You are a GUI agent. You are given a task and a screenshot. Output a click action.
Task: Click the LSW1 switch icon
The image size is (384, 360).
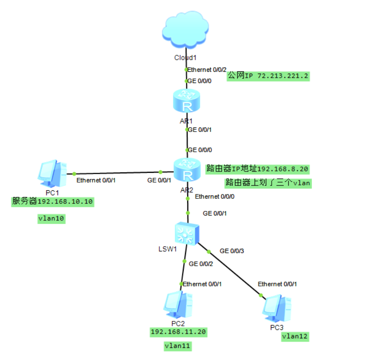click(x=186, y=233)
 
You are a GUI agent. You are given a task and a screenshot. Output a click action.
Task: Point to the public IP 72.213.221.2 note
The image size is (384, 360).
click(x=268, y=75)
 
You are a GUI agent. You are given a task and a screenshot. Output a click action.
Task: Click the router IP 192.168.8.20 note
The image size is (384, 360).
click(x=257, y=169)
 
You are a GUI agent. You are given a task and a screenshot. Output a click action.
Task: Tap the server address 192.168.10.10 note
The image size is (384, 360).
click(x=53, y=202)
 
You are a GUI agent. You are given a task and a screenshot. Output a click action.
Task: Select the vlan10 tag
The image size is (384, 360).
click(x=52, y=219)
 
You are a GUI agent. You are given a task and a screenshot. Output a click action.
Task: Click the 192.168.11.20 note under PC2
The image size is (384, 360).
click(x=179, y=332)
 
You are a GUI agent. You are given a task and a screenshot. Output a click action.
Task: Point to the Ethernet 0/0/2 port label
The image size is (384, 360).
click(x=207, y=70)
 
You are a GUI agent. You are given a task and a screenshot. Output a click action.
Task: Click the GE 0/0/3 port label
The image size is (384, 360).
click(x=232, y=250)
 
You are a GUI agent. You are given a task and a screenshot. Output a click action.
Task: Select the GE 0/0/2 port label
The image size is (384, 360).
click(x=201, y=263)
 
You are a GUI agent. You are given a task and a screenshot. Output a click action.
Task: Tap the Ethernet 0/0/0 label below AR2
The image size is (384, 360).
click(x=215, y=197)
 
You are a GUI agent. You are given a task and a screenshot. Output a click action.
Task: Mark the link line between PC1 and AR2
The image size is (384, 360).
click(x=117, y=173)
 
